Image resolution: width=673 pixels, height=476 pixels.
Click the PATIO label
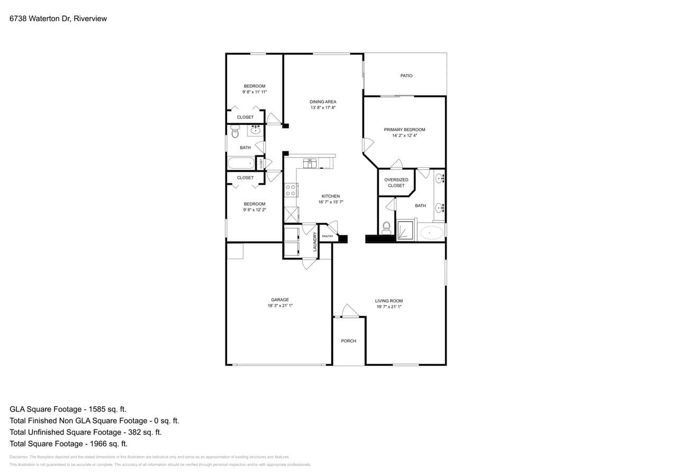(x=406, y=76)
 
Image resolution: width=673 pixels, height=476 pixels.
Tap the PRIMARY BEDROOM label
(x=404, y=130)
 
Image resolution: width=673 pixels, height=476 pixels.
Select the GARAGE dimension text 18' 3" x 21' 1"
(x=280, y=306)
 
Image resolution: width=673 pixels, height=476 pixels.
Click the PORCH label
(x=348, y=341)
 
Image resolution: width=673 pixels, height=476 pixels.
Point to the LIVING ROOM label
(x=389, y=301)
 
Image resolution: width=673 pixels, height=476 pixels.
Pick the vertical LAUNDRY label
(x=315, y=241)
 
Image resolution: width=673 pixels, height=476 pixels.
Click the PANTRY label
(x=328, y=236)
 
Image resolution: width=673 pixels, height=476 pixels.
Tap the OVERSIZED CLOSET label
(x=396, y=182)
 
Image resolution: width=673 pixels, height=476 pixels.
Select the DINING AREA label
(x=323, y=102)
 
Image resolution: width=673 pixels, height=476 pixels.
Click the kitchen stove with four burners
(x=290, y=190)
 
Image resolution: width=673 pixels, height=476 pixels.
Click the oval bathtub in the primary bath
(x=432, y=233)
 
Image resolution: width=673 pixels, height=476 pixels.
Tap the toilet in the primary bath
(x=386, y=228)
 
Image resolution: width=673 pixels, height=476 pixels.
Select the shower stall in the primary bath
(x=405, y=230)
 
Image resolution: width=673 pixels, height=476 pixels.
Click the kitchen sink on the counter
(x=310, y=163)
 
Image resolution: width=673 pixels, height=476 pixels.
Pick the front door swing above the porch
(x=350, y=311)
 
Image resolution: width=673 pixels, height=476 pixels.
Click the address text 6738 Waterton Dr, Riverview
(x=58, y=19)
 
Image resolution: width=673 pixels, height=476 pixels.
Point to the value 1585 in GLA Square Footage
(x=93, y=409)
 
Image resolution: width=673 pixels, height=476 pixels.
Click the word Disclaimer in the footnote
(x=19, y=457)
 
